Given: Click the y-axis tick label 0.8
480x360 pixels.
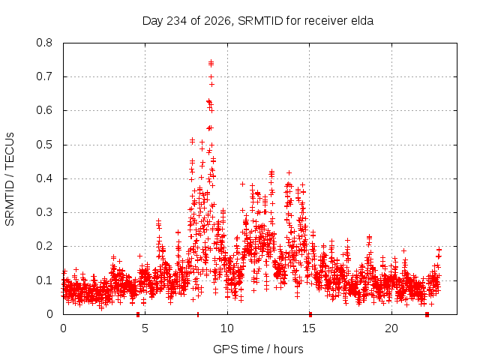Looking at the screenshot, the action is click(44, 43).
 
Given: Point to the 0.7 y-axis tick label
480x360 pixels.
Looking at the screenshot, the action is click(44, 76).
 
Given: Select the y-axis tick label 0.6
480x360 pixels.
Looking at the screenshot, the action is click(44, 110).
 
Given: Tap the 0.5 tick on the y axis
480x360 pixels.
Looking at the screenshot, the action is click(44, 145).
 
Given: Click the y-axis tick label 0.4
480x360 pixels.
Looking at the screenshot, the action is click(44, 178).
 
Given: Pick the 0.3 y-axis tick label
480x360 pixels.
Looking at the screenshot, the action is click(44, 212).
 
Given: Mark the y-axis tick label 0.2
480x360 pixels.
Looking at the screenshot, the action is click(44, 246).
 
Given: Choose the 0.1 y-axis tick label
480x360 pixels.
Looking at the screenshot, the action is click(44, 280).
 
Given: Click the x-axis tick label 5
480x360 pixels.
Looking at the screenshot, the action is click(145, 328).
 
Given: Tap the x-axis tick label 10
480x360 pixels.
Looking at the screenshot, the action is click(227, 328).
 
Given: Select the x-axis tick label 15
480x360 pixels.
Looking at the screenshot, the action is click(309, 328).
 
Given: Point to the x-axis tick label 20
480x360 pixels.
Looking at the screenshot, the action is click(391, 328).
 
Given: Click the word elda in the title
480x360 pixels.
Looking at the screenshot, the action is click(364, 21).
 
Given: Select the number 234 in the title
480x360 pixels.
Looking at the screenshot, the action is click(176, 21).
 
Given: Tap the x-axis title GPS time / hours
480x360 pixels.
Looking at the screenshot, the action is click(258, 349).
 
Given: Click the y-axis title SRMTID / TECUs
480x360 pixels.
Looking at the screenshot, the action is click(10, 179).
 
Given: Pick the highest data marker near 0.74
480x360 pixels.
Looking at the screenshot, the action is click(211, 62).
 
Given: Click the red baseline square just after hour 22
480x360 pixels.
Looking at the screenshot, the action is click(427, 315).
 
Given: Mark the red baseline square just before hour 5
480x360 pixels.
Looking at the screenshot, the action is click(138, 314).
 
